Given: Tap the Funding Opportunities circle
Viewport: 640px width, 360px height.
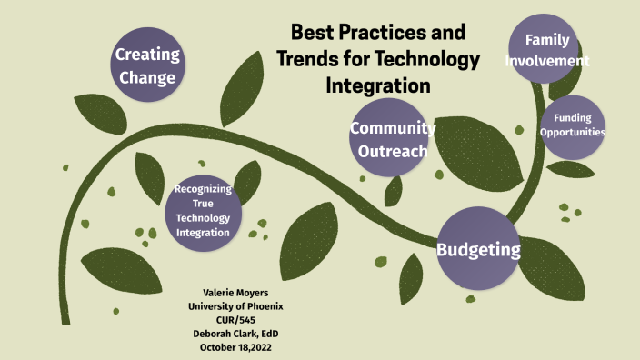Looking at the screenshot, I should point(573,125).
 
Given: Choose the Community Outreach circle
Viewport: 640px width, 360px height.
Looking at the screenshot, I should point(393,139).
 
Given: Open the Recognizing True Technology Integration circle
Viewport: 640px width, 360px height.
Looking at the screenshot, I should point(204,211).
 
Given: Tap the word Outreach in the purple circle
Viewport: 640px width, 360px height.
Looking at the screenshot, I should point(393,151).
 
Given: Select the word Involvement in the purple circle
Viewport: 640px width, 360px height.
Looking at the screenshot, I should point(549,61).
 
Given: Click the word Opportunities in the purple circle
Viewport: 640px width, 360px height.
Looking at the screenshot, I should point(573,133).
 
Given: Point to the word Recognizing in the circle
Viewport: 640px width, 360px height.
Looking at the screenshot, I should point(204,189).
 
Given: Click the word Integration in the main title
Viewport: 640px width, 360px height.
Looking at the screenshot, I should point(376,86).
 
